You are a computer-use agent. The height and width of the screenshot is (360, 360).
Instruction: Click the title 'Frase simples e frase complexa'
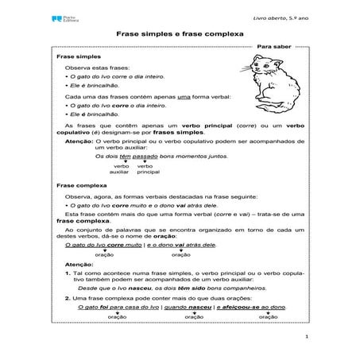(180, 37)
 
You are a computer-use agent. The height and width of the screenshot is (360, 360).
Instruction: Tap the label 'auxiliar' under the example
(119, 171)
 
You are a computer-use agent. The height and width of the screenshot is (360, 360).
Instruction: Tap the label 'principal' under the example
(148, 171)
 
